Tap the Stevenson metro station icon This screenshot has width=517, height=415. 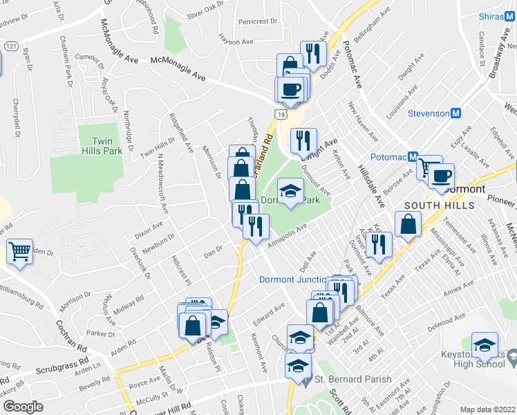pyautogui.click(x=456, y=113)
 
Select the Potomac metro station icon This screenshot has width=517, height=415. pyautogui.click(x=411, y=156)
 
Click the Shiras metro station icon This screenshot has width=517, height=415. pyautogui.click(x=510, y=16)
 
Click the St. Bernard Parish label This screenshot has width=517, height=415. pyautogui.click(x=352, y=379)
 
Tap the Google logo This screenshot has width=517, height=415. pyautogui.click(x=23, y=407)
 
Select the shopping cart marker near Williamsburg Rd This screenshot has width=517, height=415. pyautogui.click(x=20, y=252)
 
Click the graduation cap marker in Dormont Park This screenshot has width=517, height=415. pyautogui.click(x=291, y=192)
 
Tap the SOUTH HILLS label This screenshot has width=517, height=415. pyautogui.click(x=439, y=205)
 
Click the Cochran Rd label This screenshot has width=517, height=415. pyautogui.click(x=70, y=332)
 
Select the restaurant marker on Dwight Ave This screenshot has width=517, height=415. pyautogui.click(x=303, y=142)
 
